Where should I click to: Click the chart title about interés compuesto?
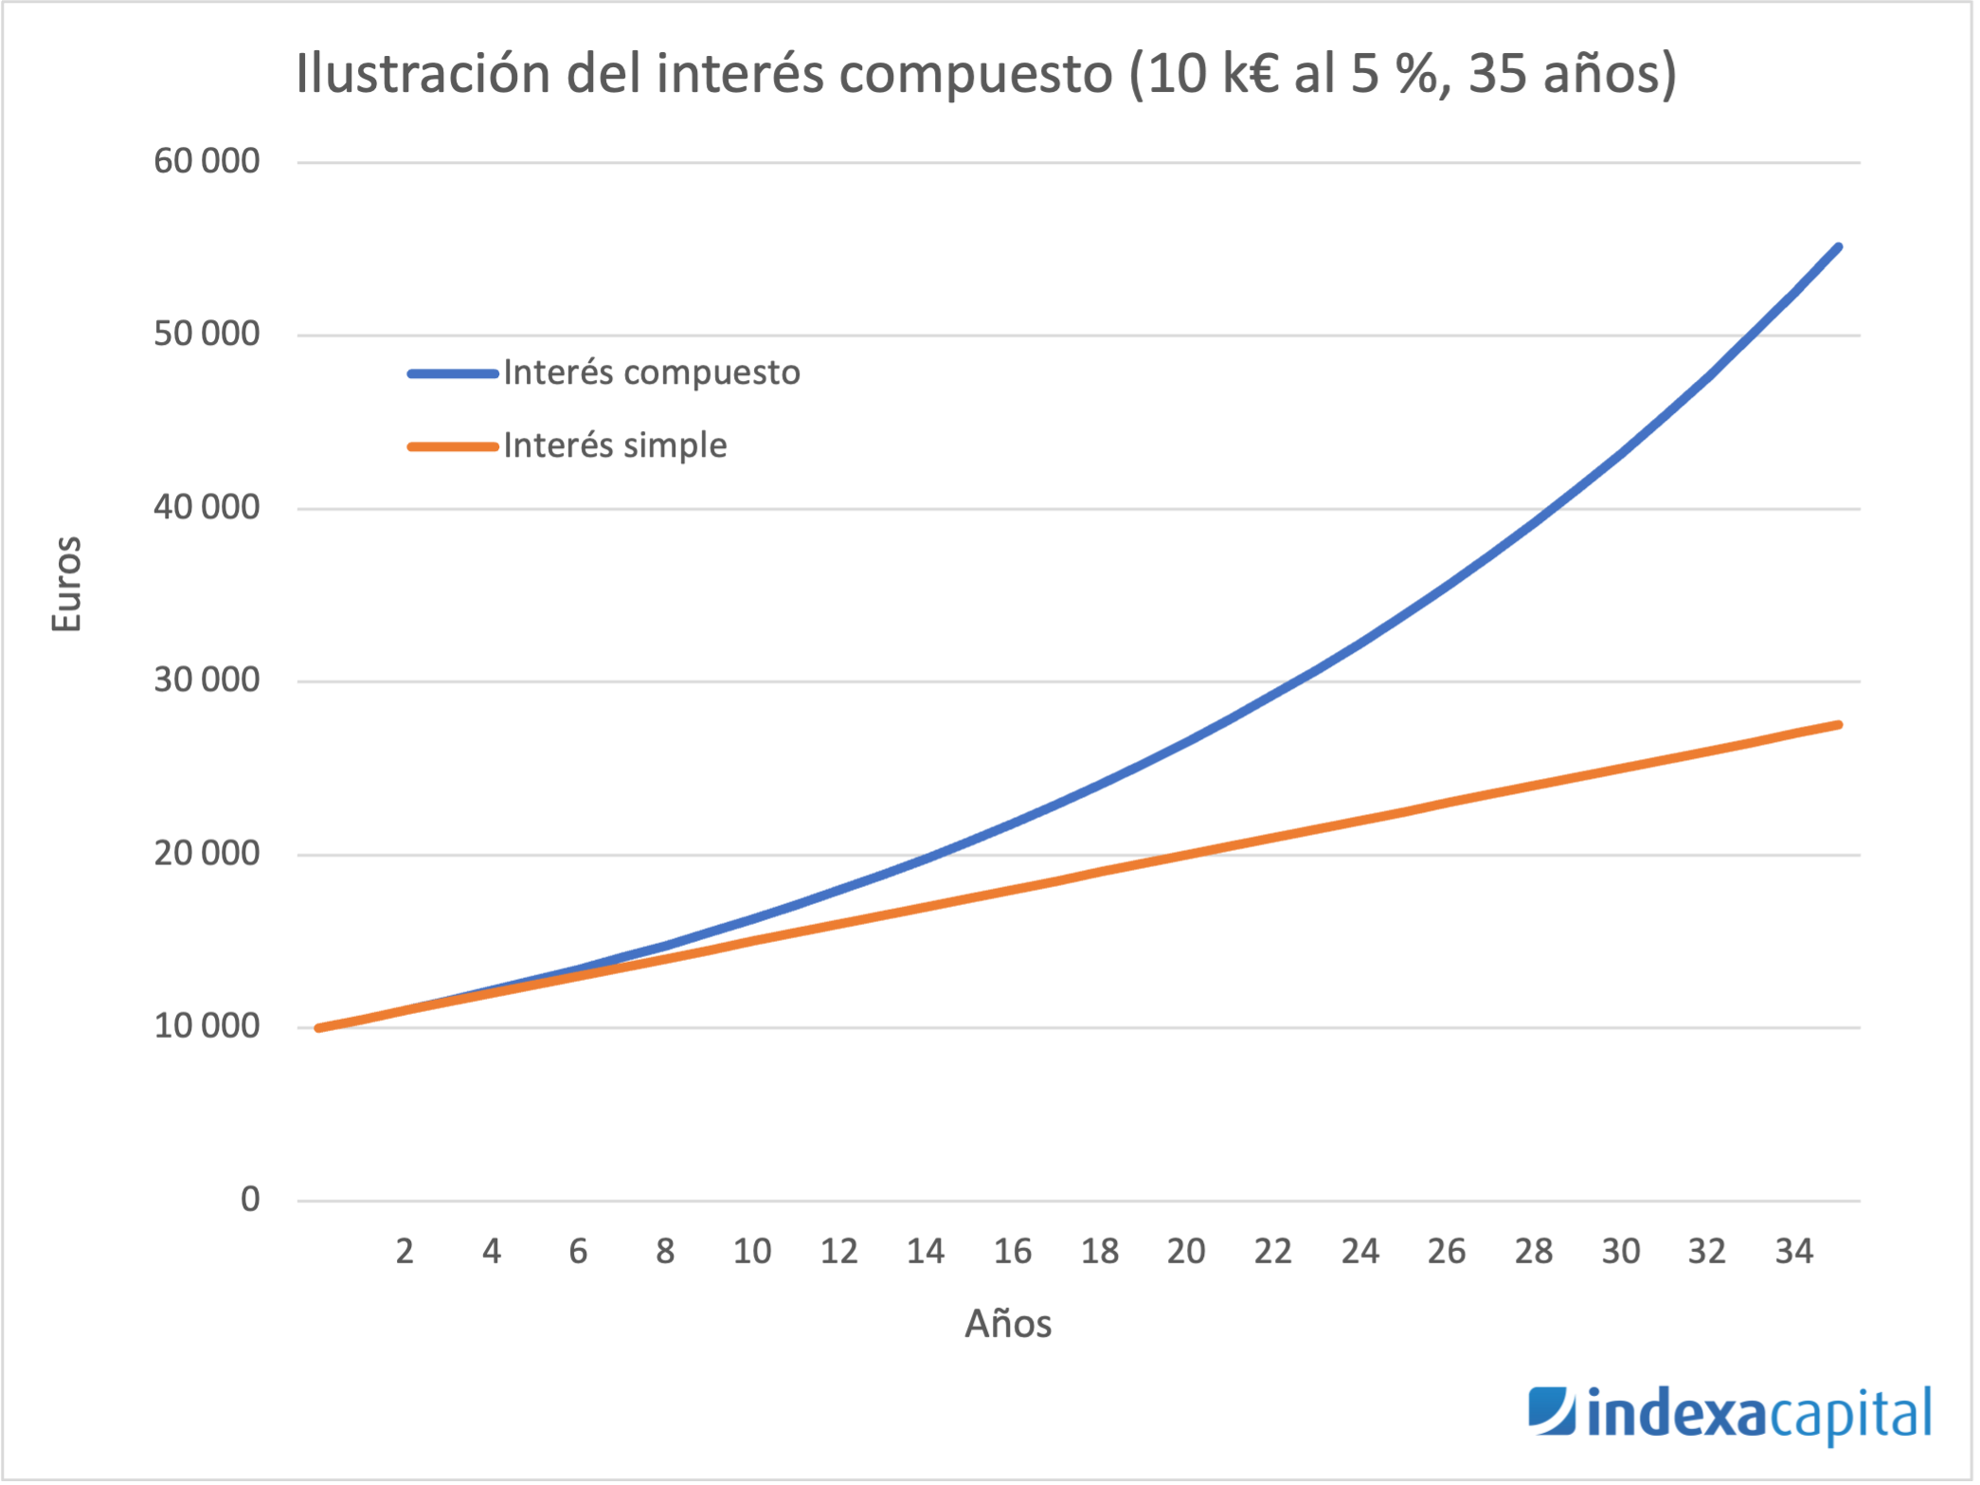[985, 74]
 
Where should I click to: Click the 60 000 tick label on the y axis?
[207, 161]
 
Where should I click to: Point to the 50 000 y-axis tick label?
[207, 334]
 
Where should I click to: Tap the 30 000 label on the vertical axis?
[207, 679]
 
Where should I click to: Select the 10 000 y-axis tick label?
[207, 1025]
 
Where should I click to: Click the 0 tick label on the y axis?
[250, 1199]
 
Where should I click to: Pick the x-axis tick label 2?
[405, 1252]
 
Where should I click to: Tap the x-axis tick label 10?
[752, 1252]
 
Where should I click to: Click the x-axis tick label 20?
[1186, 1252]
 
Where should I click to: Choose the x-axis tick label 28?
[1534, 1252]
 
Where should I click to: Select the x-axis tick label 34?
[1794, 1252]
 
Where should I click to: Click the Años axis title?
[1008, 1324]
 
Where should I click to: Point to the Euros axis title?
[67, 584]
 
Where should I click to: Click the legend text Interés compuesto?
[652, 372]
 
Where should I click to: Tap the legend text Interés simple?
[615, 445]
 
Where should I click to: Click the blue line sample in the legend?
[453, 373]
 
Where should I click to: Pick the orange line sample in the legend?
[453, 446]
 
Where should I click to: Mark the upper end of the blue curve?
[1838, 247]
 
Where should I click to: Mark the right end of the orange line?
[1838, 725]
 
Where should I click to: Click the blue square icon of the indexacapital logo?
[1551, 1410]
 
